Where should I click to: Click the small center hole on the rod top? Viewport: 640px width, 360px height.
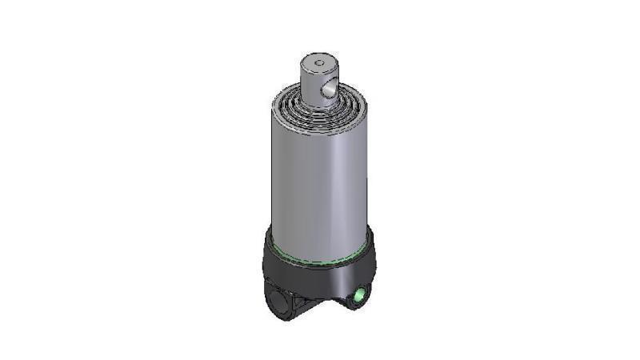(x=318, y=61)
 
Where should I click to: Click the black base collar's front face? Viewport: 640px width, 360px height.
(x=320, y=276)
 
